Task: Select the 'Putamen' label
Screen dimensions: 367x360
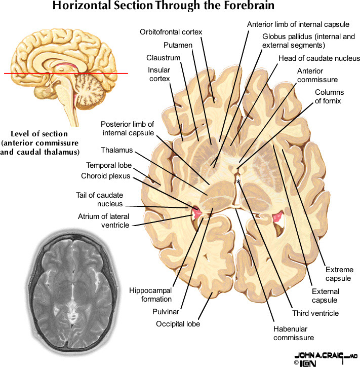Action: (x=178, y=45)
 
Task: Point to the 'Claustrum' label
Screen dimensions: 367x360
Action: (x=160, y=58)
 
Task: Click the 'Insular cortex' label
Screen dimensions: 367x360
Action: (x=159, y=74)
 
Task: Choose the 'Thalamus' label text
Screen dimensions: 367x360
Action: (x=116, y=151)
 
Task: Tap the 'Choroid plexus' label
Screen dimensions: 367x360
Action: (x=105, y=176)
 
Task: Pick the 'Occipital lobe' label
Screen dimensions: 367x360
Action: (x=178, y=324)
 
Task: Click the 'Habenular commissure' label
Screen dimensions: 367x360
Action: (x=294, y=333)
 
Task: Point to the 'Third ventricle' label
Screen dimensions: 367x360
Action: (x=315, y=313)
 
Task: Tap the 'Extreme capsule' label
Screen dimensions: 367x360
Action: (x=340, y=274)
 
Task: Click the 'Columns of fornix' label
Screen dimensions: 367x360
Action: (x=329, y=96)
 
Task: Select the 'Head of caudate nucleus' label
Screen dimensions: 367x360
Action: (x=319, y=58)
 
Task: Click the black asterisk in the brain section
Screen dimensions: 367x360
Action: (x=238, y=181)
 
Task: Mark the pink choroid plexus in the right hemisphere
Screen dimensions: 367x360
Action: (x=276, y=218)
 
